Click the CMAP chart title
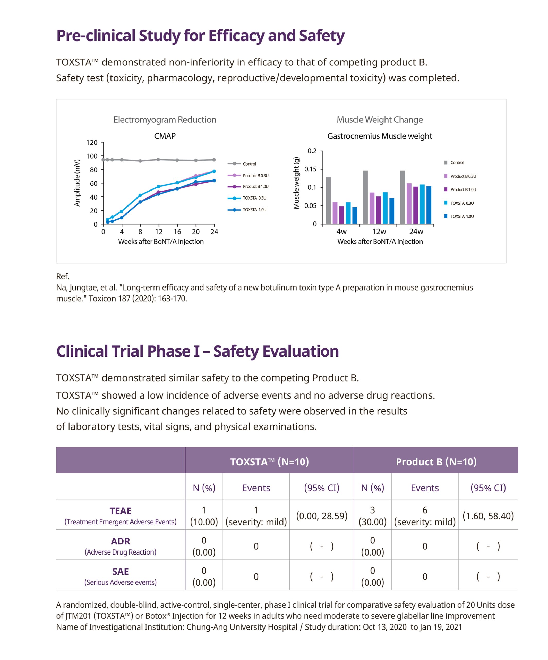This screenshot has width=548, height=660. click(x=165, y=136)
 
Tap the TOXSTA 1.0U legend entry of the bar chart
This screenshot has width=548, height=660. click(x=462, y=216)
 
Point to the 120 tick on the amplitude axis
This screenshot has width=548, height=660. click(x=92, y=143)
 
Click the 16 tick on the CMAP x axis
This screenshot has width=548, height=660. click(x=177, y=232)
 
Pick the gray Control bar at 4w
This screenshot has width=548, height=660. click(x=328, y=201)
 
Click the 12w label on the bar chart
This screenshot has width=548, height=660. click(x=379, y=232)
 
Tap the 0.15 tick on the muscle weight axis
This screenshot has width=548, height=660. click(x=310, y=169)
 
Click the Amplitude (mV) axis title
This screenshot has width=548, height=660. click(x=77, y=183)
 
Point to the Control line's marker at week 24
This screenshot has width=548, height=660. click(x=214, y=160)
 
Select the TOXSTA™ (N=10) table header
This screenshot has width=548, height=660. click(x=269, y=462)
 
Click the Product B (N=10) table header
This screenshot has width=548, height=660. click(x=436, y=462)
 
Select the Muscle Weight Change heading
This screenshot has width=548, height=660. click(x=380, y=120)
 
